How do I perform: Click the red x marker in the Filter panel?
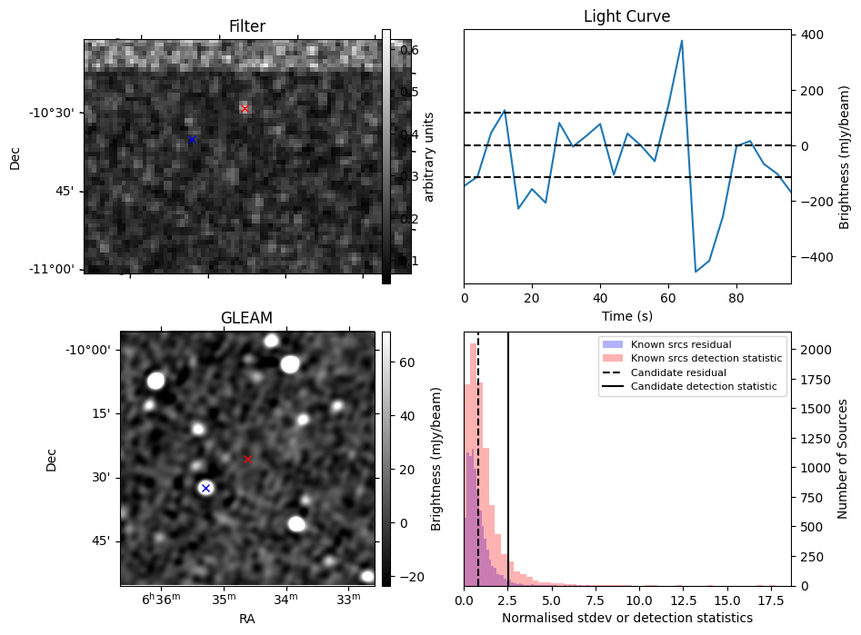245,109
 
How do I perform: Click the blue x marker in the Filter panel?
192,139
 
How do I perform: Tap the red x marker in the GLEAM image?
247,459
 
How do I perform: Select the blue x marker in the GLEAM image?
205,488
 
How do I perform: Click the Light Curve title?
627,17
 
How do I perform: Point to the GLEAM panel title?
246,318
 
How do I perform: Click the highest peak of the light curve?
682,40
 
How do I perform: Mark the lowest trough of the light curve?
696,272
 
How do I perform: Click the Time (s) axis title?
627,316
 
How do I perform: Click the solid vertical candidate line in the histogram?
508,454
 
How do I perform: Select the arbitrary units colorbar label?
430,156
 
